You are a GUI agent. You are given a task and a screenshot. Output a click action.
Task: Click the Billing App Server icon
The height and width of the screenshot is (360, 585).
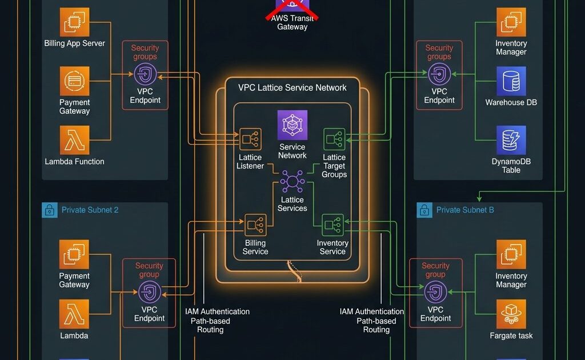(75, 22)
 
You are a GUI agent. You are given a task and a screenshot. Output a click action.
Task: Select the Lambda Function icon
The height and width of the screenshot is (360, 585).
(75, 141)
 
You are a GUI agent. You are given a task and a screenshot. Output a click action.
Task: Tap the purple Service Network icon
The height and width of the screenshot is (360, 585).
(292, 125)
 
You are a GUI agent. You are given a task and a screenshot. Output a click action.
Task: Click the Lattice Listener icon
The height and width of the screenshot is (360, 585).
(251, 139)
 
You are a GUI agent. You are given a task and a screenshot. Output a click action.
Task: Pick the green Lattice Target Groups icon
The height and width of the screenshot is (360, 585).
(334, 139)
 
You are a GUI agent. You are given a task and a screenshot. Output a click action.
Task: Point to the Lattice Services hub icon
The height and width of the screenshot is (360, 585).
(292, 182)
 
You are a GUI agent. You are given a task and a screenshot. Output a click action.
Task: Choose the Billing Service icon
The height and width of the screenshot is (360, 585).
(255, 225)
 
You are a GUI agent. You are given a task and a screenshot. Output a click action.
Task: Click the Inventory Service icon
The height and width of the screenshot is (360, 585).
(332, 225)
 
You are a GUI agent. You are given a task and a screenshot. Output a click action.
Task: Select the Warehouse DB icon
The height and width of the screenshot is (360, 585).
(511, 81)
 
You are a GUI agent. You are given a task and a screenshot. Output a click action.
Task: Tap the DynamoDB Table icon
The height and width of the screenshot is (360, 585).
(511, 141)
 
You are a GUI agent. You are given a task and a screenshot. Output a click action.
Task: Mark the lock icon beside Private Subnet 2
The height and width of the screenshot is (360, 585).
(50, 210)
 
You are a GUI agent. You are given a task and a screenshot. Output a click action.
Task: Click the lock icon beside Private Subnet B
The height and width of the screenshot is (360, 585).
(424, 210)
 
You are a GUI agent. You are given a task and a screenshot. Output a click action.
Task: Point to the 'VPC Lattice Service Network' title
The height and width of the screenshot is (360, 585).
(292, 87)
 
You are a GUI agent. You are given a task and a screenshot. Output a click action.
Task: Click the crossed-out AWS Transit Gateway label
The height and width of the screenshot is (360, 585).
(292, 22)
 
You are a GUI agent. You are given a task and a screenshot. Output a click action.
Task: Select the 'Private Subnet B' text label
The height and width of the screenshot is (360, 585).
(465, 210)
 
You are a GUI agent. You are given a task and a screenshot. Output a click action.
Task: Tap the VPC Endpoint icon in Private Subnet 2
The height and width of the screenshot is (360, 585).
(149, 292)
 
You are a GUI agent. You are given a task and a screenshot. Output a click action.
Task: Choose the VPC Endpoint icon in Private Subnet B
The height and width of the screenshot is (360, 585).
(435, 292)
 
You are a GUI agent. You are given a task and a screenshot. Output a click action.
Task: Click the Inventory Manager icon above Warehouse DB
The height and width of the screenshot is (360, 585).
(511, 22)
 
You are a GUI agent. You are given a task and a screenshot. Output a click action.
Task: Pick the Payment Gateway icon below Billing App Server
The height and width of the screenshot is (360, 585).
(75, 81)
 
